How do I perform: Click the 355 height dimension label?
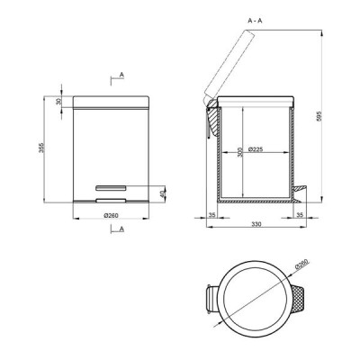tap(41, 148)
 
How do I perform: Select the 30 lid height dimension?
tap(58, 102)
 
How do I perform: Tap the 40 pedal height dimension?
tap(162, 193)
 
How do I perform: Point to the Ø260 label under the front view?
tap(112, 215)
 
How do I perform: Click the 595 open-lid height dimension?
tap(319, 116)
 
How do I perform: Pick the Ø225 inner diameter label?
tap(256, 149)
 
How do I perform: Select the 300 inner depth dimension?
tap(239, 152)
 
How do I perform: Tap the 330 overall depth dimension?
tap(256, 224)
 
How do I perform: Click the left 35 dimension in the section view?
tap(212, 215)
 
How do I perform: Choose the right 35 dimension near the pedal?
tap(300, 215)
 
